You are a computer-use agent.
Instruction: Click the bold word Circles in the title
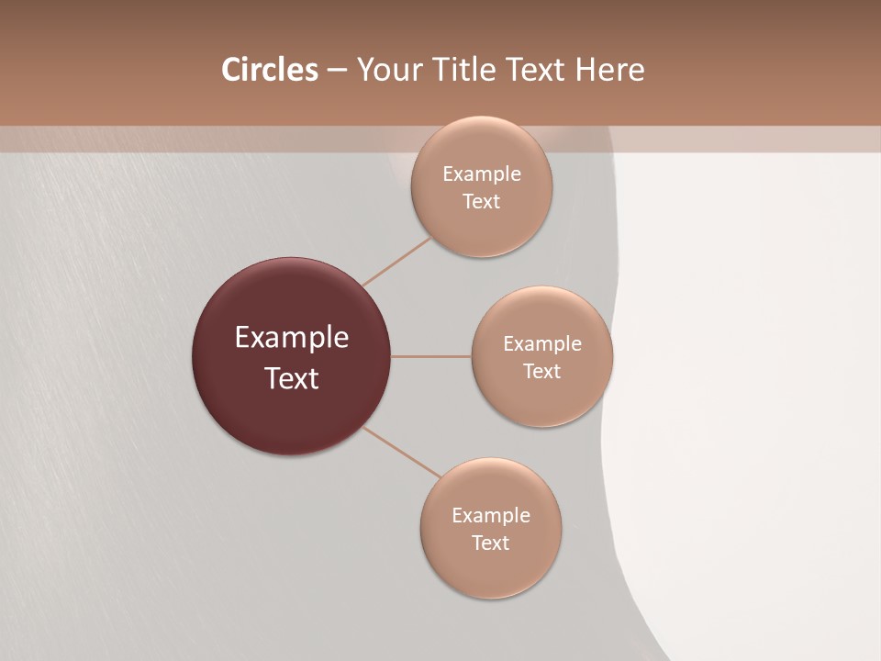269,70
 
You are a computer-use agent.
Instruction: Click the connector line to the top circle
397,261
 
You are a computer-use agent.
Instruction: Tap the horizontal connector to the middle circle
431,356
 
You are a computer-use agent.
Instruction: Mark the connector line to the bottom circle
402,453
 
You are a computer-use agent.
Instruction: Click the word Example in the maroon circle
292,338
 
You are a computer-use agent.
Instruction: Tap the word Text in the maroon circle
292,378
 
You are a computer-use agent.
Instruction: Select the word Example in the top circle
481,174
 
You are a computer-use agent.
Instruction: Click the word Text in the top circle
481,202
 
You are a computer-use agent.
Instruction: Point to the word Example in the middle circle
541,344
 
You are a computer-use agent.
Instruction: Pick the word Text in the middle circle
541,372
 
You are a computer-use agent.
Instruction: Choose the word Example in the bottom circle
490,516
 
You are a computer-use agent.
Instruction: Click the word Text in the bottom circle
490,543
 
